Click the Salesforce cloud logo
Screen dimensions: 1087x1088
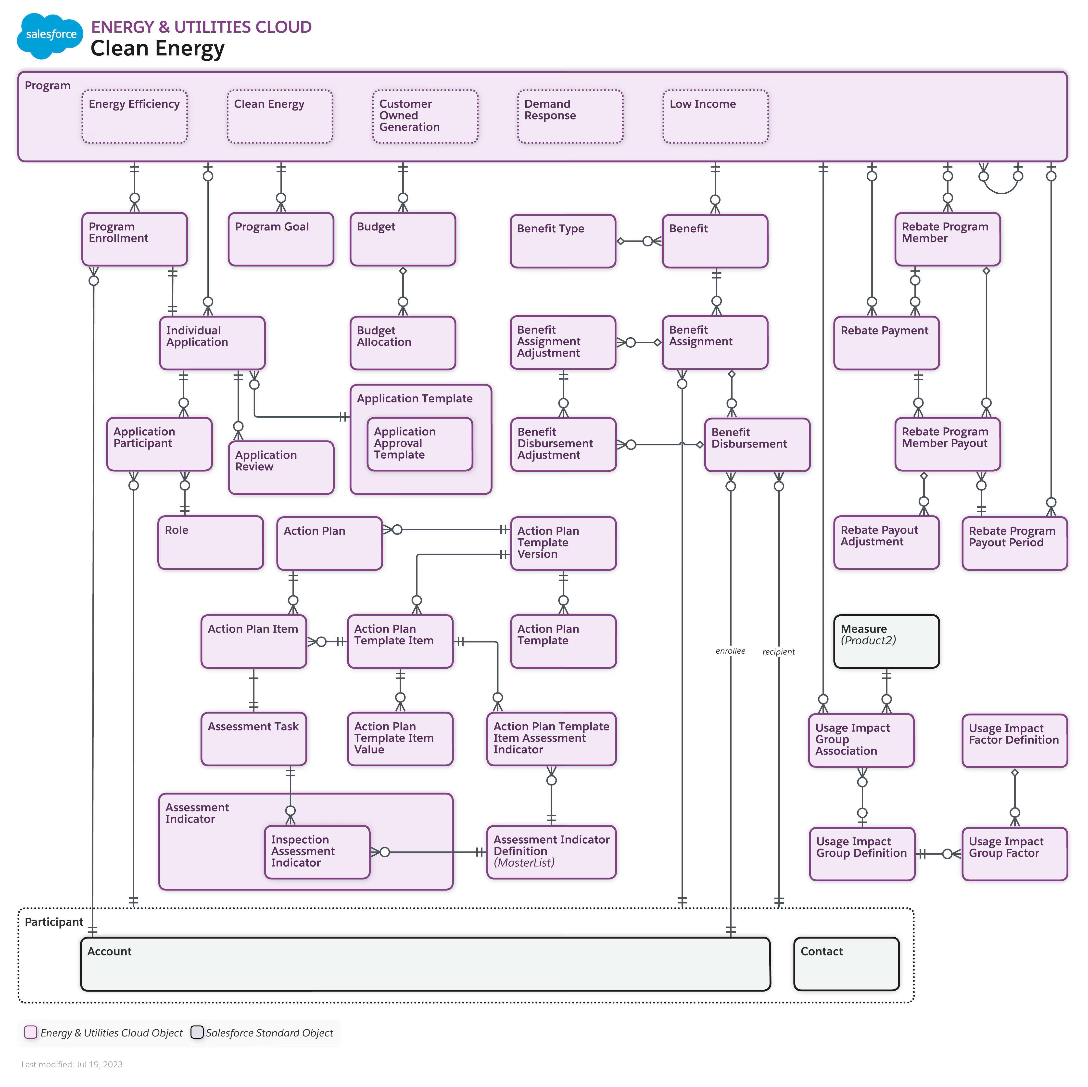click(x=50, y=36)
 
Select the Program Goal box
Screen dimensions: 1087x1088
click(x=280, y=239)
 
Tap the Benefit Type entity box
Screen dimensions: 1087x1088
click(x=563, y=241)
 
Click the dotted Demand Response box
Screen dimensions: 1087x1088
click(x=570, y=116)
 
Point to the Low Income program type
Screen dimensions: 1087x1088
click(x=715, y=116)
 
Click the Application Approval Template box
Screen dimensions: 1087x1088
click(x=419, y=443)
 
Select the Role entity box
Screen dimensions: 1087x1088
click(x=211, y=542)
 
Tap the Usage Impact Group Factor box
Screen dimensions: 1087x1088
click(x=1014, y=853)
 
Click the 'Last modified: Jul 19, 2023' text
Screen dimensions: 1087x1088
click(x=72, y=1064)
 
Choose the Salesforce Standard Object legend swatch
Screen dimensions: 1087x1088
click(x=197, y=1032)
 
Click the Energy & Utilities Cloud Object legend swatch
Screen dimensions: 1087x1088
click(x=31, y=1032)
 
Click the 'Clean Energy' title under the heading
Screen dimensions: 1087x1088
click(x=158, y=49)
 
